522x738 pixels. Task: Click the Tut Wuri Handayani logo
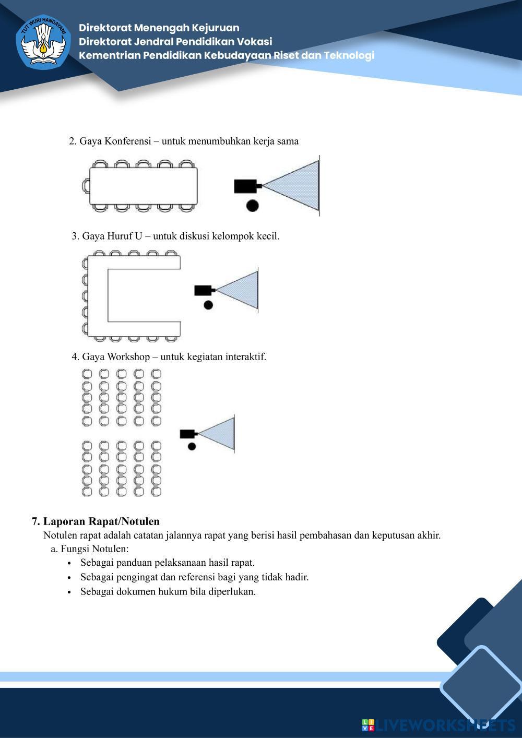click(43, 42)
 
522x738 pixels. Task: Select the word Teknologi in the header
click(349, 55)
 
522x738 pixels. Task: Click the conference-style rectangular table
click(144, 186)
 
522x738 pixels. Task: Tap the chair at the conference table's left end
click(86, 186)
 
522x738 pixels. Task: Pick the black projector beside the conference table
click(245, 186)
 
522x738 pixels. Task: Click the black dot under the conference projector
click(252, 205)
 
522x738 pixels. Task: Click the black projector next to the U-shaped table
click(203, 290)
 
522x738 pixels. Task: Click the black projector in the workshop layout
click(187, 434)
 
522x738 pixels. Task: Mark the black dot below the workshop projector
click(192, 446)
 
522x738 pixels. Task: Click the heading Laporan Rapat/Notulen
click(101, 521)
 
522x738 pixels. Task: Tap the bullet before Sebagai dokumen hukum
click(69, 592)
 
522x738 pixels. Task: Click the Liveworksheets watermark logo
click(438, 725)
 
